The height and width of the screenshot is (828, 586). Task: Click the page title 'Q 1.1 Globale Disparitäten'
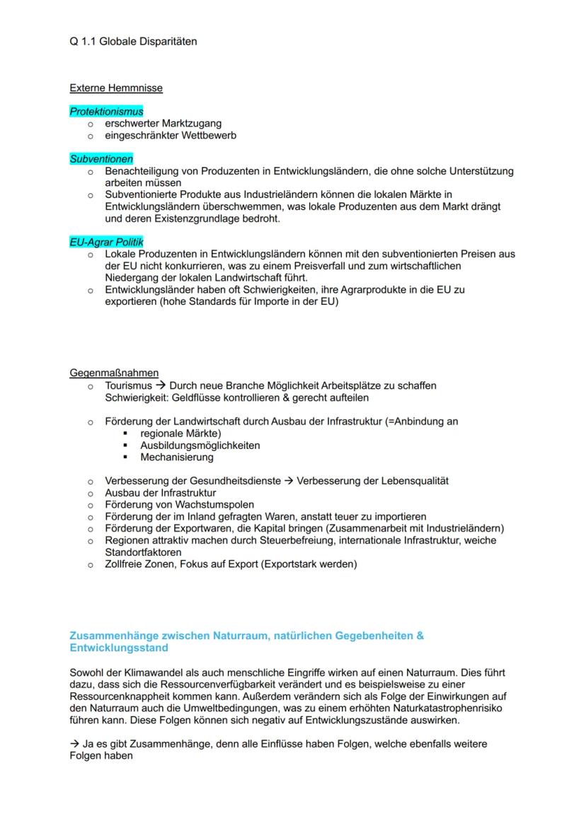point(133,42)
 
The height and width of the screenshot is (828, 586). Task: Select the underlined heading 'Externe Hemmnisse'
point(116,88)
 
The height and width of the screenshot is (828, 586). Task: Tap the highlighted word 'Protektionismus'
point(106,112)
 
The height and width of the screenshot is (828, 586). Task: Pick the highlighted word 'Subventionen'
point(101,159)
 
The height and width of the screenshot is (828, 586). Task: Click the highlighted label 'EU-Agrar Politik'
point(106,242)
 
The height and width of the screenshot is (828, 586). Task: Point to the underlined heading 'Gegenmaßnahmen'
point(114,373)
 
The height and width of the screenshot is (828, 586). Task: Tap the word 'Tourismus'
point(128,385)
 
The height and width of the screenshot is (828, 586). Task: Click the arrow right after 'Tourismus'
point(161,385)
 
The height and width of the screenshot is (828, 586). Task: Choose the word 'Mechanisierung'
point(176,457)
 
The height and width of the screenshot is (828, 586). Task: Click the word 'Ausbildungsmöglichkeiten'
point(200,445)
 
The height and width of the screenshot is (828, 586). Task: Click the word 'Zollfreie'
point(126,564)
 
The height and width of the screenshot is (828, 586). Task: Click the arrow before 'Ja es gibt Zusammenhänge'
point(74,744)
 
